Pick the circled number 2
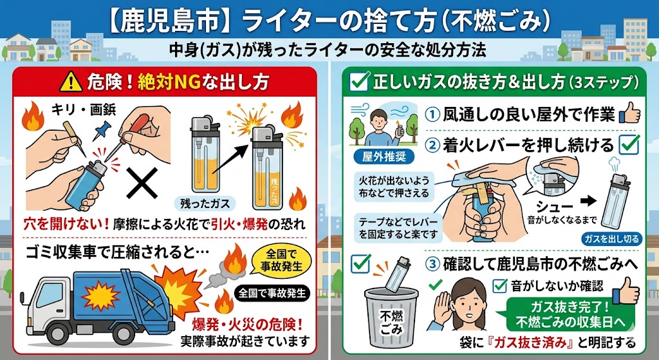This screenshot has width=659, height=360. click(x=432, y=146)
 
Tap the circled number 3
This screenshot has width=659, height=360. click(x=432, y=263)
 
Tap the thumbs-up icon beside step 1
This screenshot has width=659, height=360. click(x=629, y=114)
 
